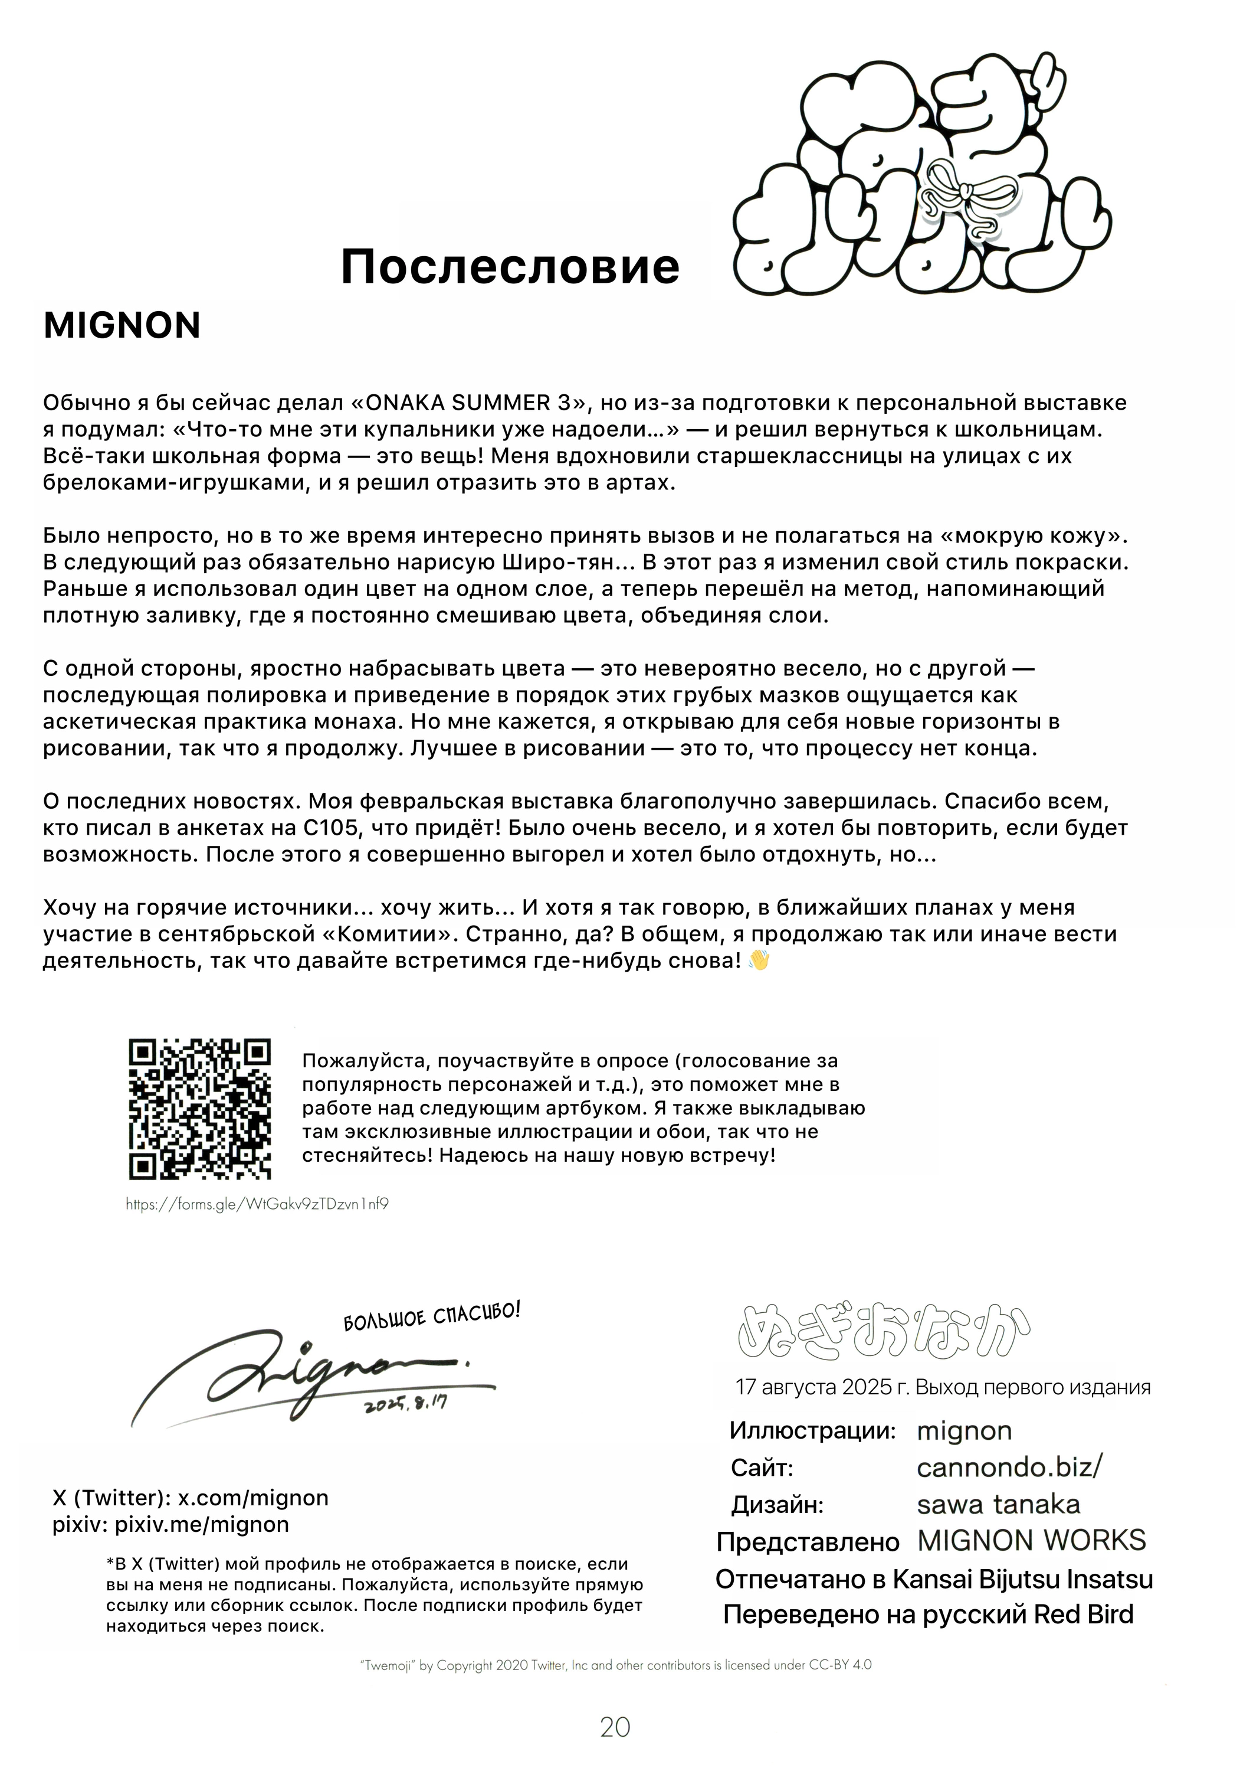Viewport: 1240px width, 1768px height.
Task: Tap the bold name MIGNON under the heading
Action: coord(122,326)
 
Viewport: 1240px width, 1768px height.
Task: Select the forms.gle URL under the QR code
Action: coord(257,1204)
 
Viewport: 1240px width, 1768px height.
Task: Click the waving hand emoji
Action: coord(759,961)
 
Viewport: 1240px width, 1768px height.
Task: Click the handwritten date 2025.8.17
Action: coord(406,1403)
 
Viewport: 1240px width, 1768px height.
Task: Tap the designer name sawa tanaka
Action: coord(998,1504)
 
